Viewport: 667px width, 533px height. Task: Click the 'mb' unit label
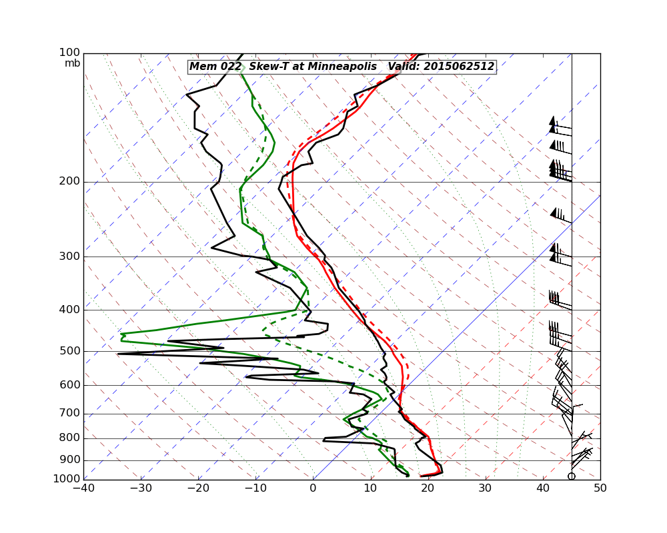coord(72,63)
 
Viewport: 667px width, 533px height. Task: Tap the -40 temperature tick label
coord(83,488)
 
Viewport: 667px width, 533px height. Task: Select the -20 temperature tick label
coord(198,488)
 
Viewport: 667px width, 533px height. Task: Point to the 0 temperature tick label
coord(313,488)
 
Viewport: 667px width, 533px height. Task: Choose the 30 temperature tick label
coord(485,488)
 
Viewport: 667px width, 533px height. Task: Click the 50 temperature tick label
coord(600,488)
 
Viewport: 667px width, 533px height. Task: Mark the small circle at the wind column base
coord(572,476)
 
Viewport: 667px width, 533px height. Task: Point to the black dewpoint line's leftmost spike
coord(118,354)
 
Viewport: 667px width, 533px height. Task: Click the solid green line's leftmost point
coord(121,337)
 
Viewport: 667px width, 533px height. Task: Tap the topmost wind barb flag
coord(552,121)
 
